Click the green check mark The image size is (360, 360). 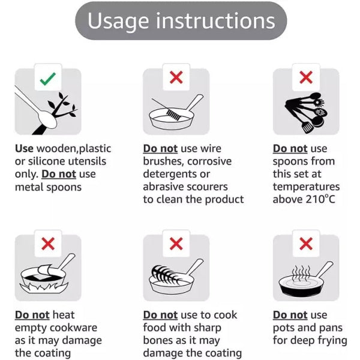click(48, 79)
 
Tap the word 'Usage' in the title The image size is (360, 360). click(118, 21)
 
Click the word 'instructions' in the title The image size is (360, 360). click(215, 20)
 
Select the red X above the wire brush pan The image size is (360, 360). click(176, 77)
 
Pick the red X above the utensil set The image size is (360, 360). click(306, 77)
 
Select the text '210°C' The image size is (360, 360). click(321, 199)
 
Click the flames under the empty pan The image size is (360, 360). click(44, 287)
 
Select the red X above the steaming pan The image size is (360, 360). click(306, 244)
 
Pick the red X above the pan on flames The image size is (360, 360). click(48, 244)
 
